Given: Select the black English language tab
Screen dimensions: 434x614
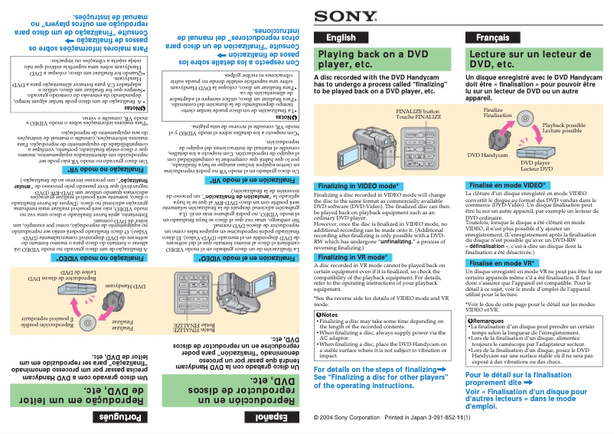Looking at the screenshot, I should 341,38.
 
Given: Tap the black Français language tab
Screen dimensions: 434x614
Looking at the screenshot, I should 492,38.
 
